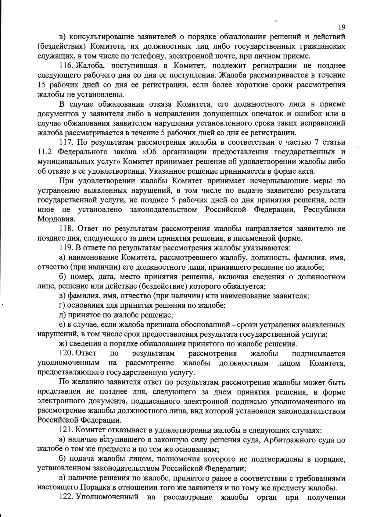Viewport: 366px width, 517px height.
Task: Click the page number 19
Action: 342,27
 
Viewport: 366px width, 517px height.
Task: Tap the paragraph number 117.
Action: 65,142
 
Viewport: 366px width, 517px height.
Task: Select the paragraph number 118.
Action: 65,228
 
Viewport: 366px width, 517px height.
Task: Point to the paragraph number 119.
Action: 65,248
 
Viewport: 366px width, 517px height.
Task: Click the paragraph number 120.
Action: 65,353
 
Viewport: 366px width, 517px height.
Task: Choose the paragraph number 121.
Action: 65,430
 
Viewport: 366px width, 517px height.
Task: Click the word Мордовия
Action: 52,219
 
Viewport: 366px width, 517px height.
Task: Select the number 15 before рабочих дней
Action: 41,85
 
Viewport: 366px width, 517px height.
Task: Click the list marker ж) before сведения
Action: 63,344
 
